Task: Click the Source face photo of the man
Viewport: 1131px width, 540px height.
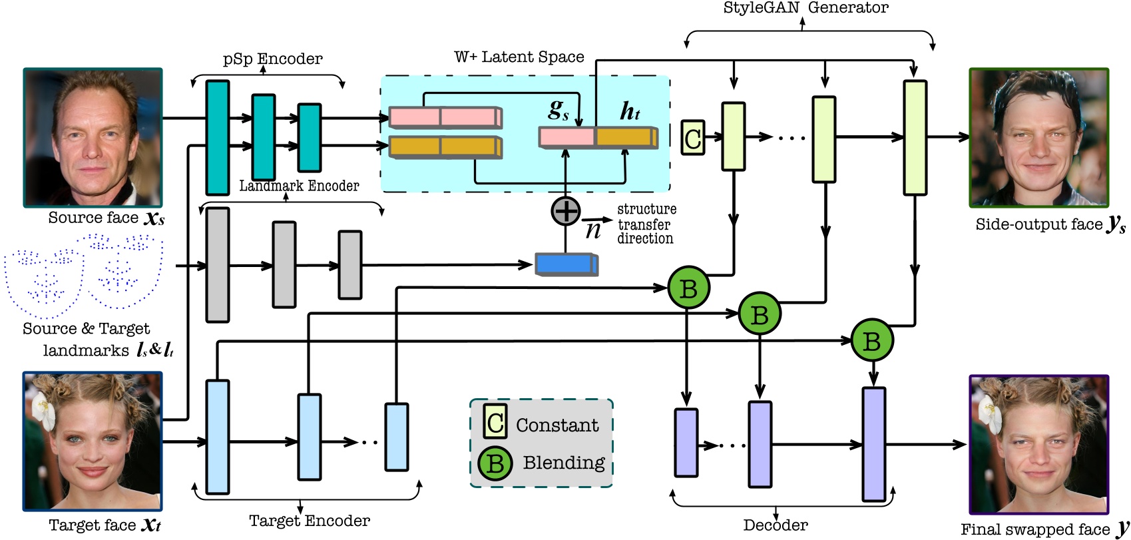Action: (93, 137)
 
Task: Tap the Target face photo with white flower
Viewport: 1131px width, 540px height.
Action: (93, 441)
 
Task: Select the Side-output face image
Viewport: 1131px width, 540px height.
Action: (1038, 137)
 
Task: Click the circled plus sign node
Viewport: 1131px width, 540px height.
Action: (566, 211)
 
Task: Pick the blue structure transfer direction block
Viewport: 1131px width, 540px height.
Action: (566, 264)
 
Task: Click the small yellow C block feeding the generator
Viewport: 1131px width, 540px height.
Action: (692, 138)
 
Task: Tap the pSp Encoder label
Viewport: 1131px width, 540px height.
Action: (272, 59)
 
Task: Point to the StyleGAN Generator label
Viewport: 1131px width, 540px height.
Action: (805, 8)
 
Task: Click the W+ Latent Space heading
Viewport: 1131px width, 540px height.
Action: (519, 57)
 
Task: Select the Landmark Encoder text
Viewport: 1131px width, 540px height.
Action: (299, 186)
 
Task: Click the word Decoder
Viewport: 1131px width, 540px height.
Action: (775, 525)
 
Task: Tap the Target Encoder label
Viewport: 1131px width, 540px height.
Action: (309, 521)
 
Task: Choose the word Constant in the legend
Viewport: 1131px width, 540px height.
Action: (557, 425)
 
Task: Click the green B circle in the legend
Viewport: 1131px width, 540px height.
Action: (495, 463)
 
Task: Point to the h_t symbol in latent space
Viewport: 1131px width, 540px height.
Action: (629, 112)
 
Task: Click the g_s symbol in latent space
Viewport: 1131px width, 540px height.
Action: (558, 111)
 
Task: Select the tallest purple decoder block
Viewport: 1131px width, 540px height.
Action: (873, 443)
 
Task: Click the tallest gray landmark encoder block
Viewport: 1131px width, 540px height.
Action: (218, 265)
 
